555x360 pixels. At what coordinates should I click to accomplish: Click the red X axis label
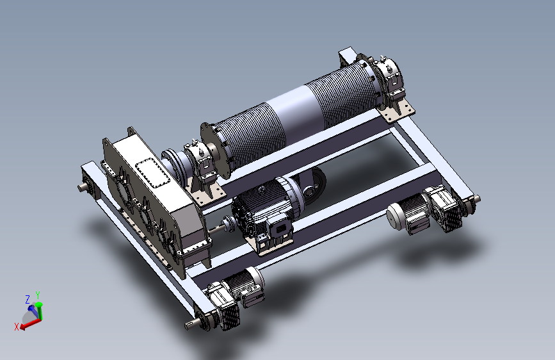point(16,326)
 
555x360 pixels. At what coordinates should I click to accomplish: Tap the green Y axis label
point(38,295)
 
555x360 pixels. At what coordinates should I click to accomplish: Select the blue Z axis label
point(28,299)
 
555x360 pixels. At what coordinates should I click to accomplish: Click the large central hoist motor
point(267,209)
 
